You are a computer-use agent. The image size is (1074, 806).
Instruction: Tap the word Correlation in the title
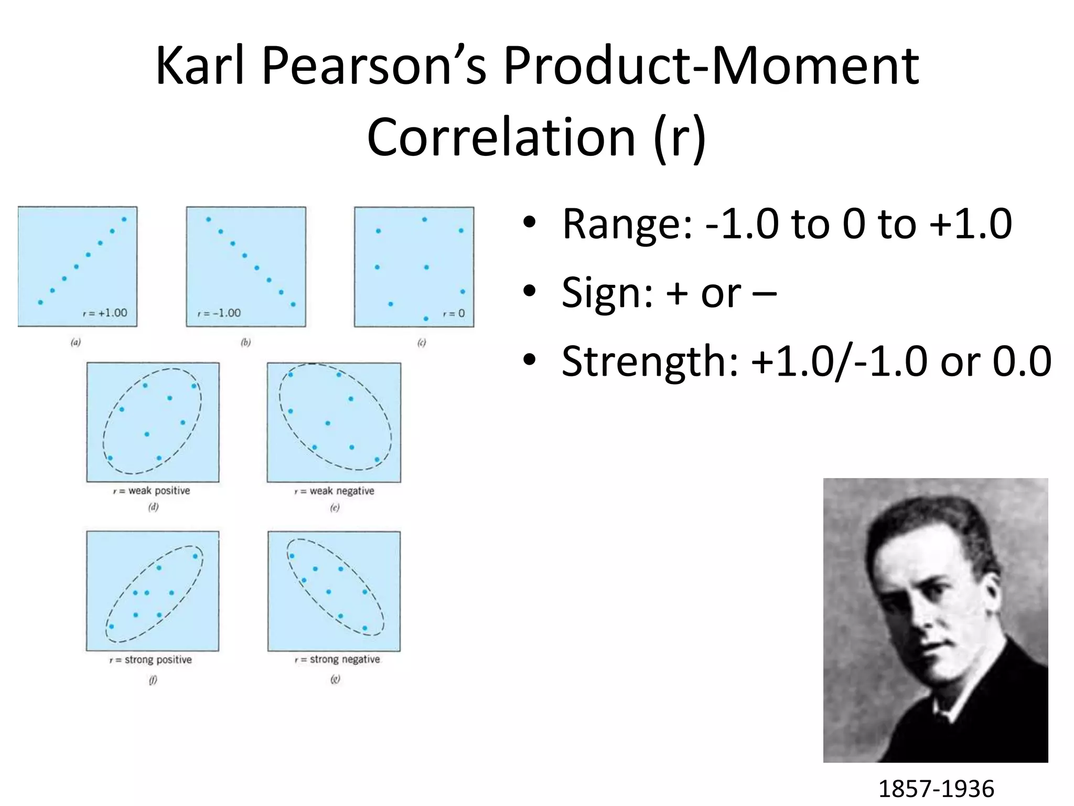501,137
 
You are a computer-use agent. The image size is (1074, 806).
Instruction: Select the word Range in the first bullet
620,224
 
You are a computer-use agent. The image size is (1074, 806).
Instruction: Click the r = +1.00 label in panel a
105,313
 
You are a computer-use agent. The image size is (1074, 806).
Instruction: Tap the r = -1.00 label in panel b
219,313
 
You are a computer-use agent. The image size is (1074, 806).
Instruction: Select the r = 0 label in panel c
454,314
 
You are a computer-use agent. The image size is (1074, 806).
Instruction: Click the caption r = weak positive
152,491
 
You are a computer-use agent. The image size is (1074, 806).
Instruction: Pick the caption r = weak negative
335,491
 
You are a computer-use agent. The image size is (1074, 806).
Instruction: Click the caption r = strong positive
151,660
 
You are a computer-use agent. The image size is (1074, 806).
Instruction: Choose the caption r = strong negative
337,659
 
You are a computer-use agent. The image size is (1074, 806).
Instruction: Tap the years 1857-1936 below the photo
936,789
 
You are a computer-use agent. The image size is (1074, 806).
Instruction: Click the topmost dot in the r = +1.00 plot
124,219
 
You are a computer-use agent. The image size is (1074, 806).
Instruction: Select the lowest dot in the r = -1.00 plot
293,304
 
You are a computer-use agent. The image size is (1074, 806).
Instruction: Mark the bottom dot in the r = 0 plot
426,319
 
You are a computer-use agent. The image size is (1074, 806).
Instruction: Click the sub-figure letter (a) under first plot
76,343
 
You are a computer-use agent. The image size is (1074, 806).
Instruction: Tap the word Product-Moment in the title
711,67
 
